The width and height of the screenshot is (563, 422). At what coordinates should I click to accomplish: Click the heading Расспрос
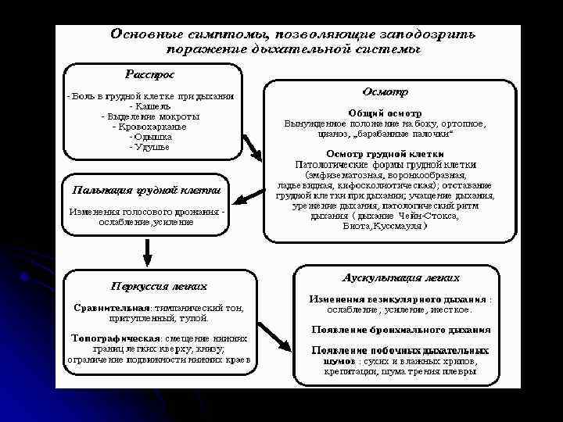(x=151, y=74)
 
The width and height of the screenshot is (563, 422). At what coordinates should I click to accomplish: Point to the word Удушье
(x=152, y=147)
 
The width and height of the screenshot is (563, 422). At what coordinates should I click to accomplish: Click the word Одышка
(x=150, y=137)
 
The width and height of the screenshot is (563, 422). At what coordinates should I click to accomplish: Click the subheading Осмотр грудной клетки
(x=385, y=154)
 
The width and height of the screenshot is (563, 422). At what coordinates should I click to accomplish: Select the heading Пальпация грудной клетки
(x=146, y=190)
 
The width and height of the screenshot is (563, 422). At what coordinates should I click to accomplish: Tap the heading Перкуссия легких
(x=159, y=285)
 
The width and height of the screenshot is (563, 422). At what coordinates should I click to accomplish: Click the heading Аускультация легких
(x=401, y=277)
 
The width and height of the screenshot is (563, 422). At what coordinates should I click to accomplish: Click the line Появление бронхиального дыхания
(x=401, y=330)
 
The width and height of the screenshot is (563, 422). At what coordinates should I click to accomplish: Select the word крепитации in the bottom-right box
(x=348, y=373)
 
